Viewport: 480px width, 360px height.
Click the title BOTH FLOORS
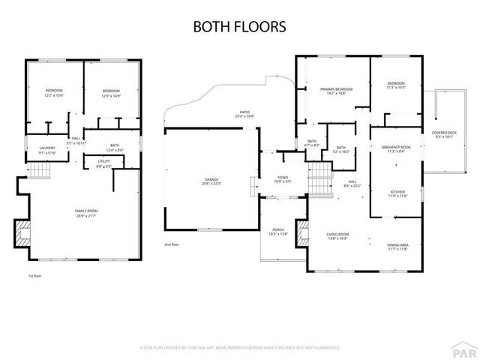tap(239, 27)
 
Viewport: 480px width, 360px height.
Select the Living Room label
tap(336, 236)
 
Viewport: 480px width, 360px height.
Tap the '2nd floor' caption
tap(172, 244)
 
